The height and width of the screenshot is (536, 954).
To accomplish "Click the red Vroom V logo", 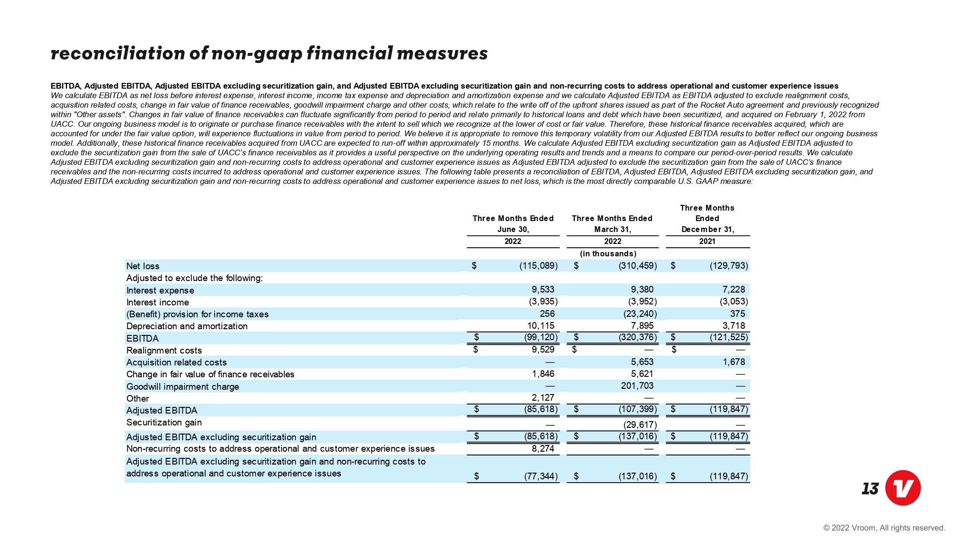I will [902, 487].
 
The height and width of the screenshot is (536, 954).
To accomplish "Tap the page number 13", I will [870, 489].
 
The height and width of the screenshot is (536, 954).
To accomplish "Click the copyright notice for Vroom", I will [884, 527].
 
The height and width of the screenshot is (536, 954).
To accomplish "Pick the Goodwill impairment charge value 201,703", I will [637, 386].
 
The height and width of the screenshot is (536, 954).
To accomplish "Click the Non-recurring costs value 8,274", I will [543, 449].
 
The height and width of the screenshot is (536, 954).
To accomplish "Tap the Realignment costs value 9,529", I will [543, 350].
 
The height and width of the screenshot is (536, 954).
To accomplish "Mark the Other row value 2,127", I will [543, 398].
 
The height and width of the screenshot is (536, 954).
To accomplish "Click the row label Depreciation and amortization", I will [187, 326].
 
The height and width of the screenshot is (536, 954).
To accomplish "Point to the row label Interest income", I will [157, 303].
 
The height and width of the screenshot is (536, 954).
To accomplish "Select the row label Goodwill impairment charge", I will [183, 386].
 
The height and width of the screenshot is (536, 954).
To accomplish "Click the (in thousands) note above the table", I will [608, 254].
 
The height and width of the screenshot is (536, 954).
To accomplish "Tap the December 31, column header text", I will [707, 230].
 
